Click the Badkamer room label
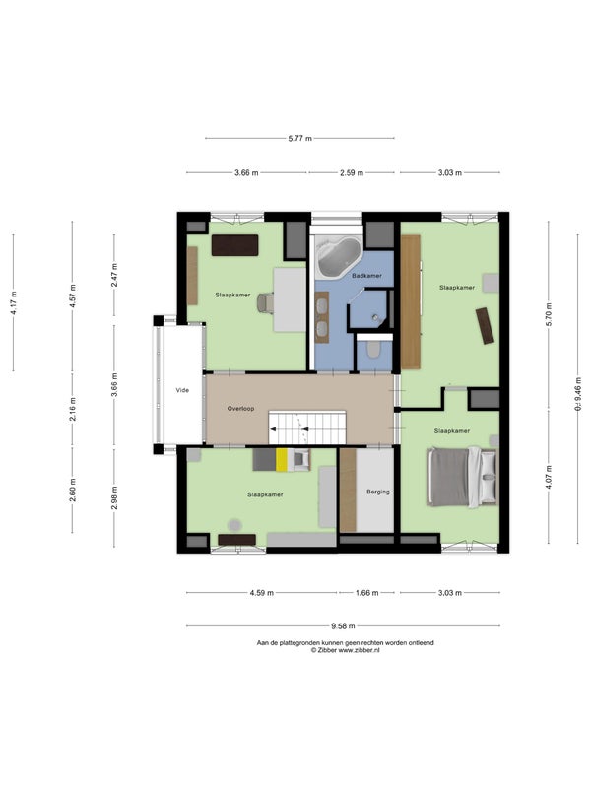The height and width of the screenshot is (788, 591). tap(366, 276)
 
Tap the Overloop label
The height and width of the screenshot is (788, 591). tap(240, 409)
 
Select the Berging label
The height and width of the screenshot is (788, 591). tap(378, 492)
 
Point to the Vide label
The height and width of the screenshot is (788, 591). tap(182, 390)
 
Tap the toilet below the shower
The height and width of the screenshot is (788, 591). tap(373, 349)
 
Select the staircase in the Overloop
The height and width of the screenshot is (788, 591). tap(307, 427)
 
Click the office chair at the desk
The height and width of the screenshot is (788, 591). tap(266, 303)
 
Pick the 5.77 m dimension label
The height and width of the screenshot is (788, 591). tap(300, 138)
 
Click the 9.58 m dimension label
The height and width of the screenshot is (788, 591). tap(343, 626)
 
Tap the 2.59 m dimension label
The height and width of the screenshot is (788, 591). tap(352, 173)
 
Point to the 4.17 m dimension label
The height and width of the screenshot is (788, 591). tap(14, 302)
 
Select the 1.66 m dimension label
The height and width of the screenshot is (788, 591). tap(366, 593)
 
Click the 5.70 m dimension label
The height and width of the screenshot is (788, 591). tap(549, 314)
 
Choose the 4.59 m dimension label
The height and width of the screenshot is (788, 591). tap(262, 593)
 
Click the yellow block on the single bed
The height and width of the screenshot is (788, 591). tap(282, 460)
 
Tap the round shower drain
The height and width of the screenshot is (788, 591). tap(374, 316)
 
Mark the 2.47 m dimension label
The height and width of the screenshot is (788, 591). tap(114, 276)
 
